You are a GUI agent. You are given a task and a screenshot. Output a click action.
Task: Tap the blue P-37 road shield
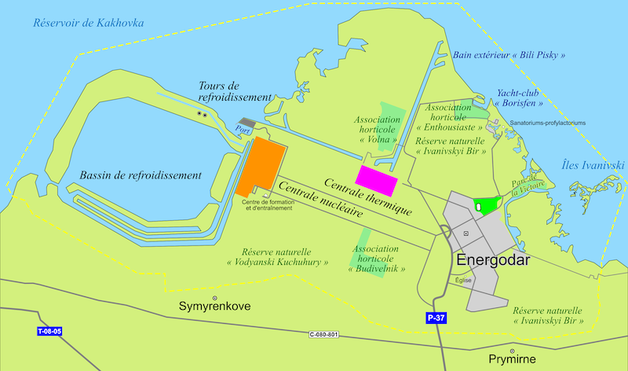[436, 318]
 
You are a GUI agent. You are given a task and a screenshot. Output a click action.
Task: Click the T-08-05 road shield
[49, 332]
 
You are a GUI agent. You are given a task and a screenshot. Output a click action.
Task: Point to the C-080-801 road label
[323, 335]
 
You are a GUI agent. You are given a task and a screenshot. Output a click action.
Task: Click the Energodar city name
[494, 260]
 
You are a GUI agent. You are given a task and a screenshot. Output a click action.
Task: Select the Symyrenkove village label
[214, 306]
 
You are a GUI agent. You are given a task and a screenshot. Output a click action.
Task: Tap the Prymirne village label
[512, 360]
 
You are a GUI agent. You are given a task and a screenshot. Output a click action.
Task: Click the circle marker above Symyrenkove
[214, 297]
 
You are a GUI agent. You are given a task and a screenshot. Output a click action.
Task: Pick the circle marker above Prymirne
[512, 351]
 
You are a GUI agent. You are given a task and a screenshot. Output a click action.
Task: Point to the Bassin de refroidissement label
[141, 174]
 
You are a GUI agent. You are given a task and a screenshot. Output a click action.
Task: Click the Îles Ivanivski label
[593, 165]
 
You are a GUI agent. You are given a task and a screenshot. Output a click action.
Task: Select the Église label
[464, 280]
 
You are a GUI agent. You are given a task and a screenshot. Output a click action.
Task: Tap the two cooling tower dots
[203, 114]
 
